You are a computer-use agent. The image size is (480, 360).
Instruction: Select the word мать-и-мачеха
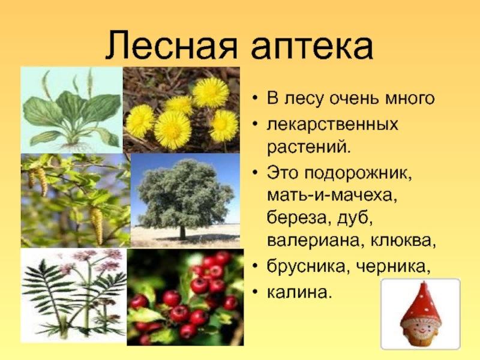click(332, 196)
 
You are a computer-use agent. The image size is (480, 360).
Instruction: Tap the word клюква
click(403, 241)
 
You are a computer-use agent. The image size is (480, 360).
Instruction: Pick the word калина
click(299, 292)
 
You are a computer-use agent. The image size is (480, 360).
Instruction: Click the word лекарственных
click(332, 125)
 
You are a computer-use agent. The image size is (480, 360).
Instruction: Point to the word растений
click(308, 148)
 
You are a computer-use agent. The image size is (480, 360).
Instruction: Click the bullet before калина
click(255, 293)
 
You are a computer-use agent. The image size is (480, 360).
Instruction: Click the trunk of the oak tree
click(182, 233)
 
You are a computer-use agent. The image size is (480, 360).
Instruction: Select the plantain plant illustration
click(71, 110)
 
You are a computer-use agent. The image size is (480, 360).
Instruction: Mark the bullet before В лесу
click(255, 98)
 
